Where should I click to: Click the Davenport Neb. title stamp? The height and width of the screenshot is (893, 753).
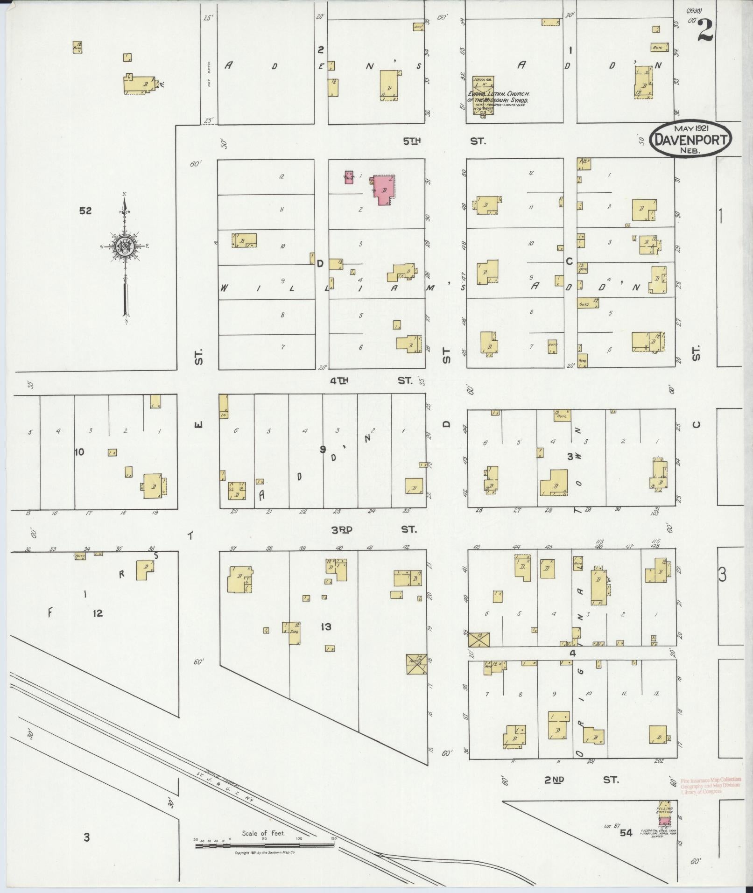tap(690, 138)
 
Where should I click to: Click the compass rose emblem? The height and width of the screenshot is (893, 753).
tap(125, 246)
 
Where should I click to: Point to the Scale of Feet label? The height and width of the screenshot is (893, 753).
tap(263, 833)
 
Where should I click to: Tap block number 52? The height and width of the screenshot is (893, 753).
tap(85, 211)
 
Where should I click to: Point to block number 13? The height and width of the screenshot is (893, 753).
tap(326, 626)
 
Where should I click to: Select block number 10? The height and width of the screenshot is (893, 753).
tap(79, 452)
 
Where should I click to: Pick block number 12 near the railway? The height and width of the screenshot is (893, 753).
tap(97, 613)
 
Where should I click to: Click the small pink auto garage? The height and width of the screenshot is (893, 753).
tap(348, 177)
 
